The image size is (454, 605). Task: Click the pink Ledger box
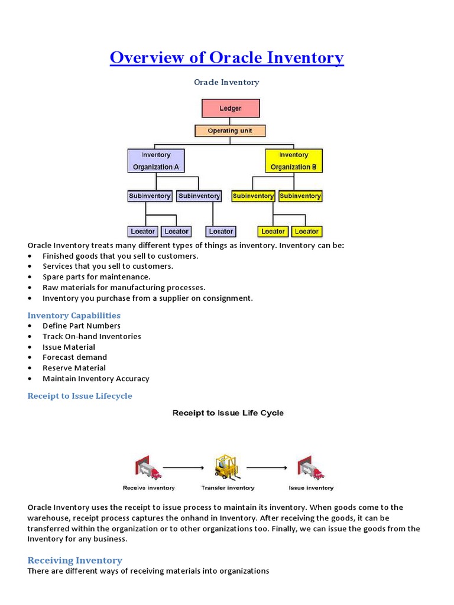pos(231,109)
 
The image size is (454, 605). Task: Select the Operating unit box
pos(231,131)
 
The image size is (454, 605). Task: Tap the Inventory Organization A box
pos(156,161)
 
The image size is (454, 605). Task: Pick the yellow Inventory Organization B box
pos(293,161)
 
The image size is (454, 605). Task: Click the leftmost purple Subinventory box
pos(150,196)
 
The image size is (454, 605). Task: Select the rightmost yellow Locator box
pos(306,232)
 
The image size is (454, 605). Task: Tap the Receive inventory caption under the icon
pos(149,488)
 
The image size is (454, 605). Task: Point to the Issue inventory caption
pos(311,488)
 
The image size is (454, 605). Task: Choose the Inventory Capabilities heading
pos(74,315)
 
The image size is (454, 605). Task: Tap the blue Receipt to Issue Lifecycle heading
pos(80,396)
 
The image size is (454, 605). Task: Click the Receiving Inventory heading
pos(75,560)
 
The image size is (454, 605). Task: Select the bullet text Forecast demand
pos(74,357)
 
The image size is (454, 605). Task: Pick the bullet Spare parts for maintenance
pos(96,277)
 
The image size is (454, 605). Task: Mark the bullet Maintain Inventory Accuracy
pos(96,379)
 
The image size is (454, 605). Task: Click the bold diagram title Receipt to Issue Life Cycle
pos(228,413)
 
